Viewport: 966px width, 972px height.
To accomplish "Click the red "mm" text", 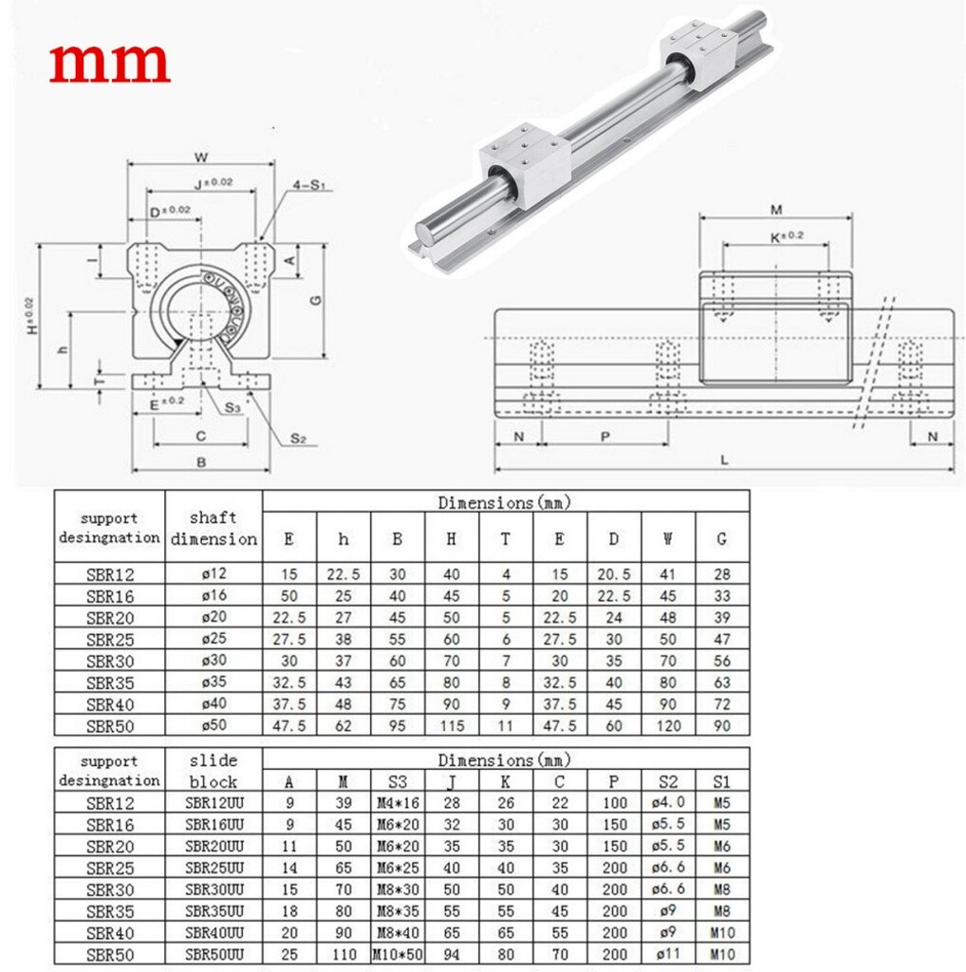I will pos(109,64).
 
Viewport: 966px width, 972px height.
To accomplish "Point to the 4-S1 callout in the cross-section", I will pos(305,186).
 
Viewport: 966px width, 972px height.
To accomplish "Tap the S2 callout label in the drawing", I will pos(297,438).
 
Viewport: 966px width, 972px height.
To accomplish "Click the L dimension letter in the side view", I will pos(724,460).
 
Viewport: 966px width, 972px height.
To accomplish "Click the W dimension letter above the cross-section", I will pos(201,158).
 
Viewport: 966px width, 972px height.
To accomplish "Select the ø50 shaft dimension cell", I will pos(214,724).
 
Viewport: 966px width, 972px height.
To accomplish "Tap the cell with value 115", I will pos(451,724).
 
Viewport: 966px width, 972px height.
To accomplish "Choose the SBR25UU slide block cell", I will pos(214,867).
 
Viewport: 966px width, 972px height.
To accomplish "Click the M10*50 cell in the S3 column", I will pos(397,954).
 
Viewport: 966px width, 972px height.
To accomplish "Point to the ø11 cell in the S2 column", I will pos(668,954).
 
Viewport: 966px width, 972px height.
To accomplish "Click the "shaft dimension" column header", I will pos(214,528).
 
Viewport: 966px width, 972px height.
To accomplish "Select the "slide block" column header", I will pos(214,770).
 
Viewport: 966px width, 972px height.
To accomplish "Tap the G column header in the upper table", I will pos(721,538).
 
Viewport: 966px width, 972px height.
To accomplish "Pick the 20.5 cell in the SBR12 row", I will pos(614,573).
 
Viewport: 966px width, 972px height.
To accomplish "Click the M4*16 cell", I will pos(397,802).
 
